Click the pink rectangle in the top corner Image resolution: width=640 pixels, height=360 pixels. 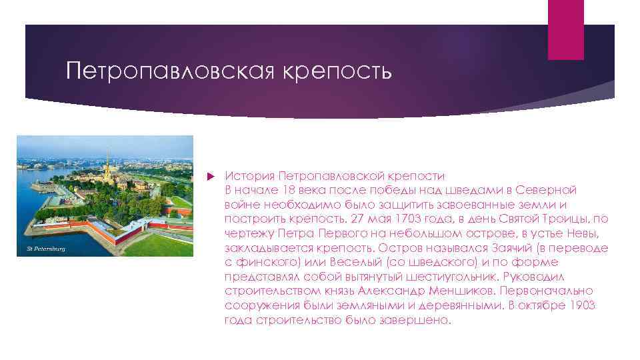pos(565,29)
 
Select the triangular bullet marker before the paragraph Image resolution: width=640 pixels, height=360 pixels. pos(211,177)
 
